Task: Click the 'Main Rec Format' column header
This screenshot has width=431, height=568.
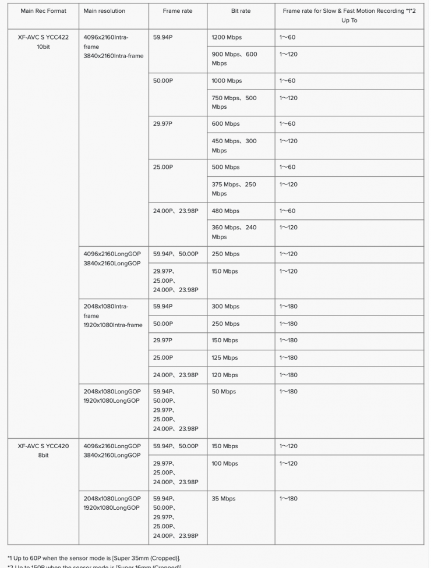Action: tap(43, 11)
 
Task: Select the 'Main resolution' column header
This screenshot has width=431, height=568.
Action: tap(104, 11)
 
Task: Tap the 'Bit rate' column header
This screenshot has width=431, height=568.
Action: tap(241, 11)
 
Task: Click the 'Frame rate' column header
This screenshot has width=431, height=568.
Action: tap(178, 11)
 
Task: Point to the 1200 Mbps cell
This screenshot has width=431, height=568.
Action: tap(227, 37)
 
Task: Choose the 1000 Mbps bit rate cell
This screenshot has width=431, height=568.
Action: tap(227, 81)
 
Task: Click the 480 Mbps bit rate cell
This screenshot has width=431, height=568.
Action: tap(225, 211)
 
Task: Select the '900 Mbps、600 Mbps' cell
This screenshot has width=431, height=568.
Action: tap(234, 59)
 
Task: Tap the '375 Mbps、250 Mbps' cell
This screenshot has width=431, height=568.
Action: tap(234, 189)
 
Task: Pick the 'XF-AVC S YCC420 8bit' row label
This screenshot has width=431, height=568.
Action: tap(43, 450)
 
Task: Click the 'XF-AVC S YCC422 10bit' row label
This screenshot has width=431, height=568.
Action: tap(43, 42)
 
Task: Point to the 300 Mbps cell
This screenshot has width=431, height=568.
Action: tap(225, 307)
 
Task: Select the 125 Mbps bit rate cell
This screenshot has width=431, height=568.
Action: tap(225, 358)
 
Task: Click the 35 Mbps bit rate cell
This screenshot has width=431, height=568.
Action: tap(224, 499)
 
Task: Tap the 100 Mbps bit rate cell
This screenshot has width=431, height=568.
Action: tap(225, 464)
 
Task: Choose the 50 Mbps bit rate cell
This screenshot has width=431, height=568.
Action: tap(224, 392)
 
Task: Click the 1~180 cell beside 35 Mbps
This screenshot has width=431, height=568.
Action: tap(288, 499)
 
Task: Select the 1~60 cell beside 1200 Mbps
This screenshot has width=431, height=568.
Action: tap(287, 37)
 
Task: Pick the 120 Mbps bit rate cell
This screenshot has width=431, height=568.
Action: tap(225, 375)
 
